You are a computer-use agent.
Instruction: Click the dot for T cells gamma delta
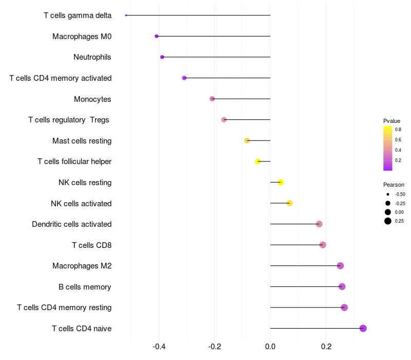(x=126, y=15)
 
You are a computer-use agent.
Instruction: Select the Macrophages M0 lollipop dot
(x=157, y=36)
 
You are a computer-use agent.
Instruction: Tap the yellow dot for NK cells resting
(x=281, y=183)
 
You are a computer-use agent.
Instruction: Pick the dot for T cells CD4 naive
(x=363, y=328)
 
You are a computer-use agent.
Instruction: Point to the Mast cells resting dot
(x=247, y=140)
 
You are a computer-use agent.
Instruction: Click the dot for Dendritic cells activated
(x=319, y=224)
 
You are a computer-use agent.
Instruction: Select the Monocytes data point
(x=212, y=99)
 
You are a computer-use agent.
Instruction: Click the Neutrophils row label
(x=92, y=57)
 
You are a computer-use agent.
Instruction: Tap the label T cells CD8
(x=91, y=245)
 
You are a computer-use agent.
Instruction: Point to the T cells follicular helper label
(x=74, y=161)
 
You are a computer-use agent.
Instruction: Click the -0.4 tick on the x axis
(x=159, y=347)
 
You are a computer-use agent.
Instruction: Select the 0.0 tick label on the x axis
(x=270, y=347)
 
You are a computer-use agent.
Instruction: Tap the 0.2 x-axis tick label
(x=326, y=347)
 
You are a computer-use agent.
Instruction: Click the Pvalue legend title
(x=391, y=121)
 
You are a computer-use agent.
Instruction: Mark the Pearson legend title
(x=394, y=185)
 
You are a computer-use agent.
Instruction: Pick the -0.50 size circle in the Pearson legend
(x=388, y=194)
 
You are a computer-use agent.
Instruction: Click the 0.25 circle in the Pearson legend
(x=388, y=221)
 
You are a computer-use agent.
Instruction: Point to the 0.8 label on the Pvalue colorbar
(x=398, y=130)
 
